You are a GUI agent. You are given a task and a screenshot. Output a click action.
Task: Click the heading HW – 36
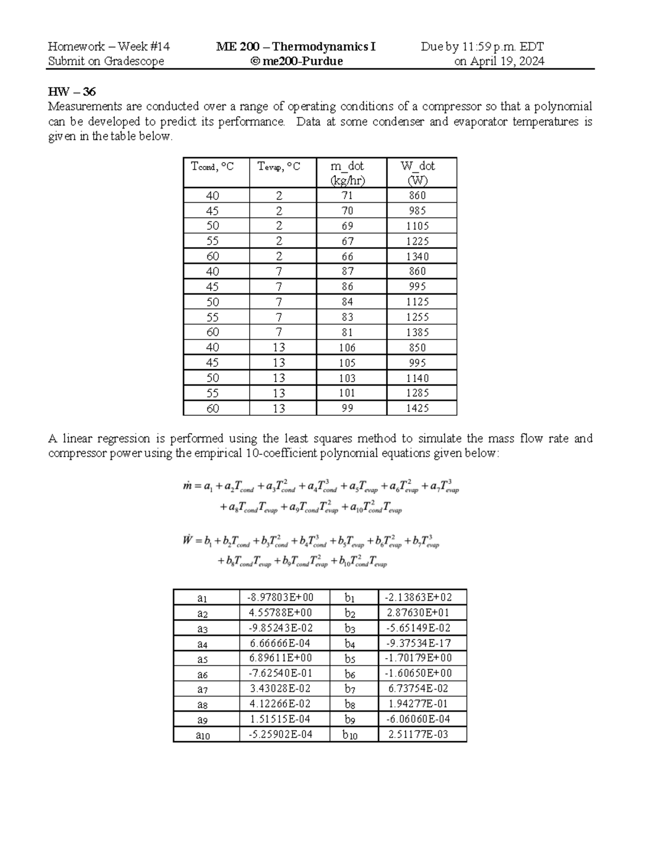coord(72,92)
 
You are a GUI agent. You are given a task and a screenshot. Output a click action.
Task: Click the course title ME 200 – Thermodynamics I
coord(296,47)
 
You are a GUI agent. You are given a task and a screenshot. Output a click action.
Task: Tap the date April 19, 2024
coord(499,61)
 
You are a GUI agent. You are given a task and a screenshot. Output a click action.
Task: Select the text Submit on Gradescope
coord(106,61)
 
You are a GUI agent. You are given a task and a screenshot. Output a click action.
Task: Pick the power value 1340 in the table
coord(417,256)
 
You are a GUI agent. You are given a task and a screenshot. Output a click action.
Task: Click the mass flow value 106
coord(347,348)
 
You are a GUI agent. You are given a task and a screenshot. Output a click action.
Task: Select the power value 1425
coord(417,408)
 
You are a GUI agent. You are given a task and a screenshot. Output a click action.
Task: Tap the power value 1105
coord(417,226)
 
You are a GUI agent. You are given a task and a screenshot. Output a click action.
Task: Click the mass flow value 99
coord(347,408)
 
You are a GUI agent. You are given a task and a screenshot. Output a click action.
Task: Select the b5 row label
coord(349,659)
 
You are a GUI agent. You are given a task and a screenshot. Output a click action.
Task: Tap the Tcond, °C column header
coord(212,166)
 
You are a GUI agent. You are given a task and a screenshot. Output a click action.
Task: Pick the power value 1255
coord(417,317)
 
